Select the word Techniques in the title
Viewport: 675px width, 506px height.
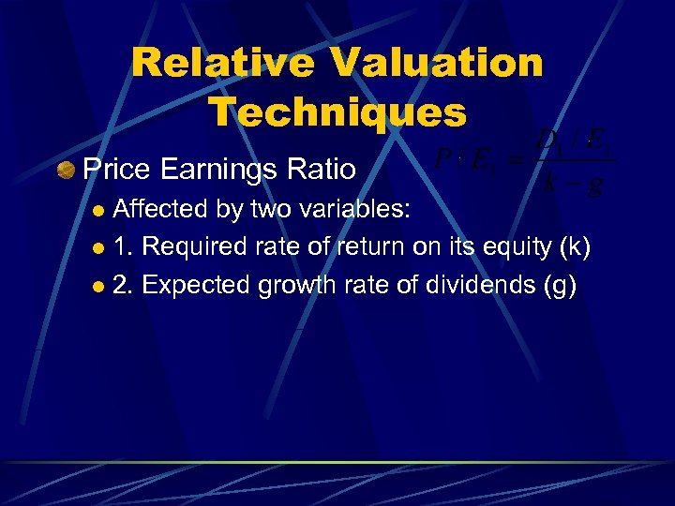[x=337, y=112]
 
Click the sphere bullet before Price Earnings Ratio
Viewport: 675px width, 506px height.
[x=67, y=170]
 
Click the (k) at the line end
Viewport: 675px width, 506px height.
[x=573, y=248]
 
